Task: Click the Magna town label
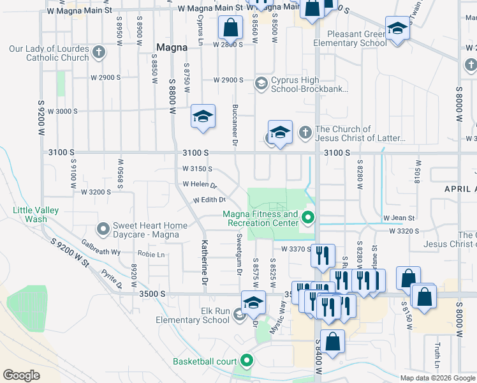(x=171, y=47)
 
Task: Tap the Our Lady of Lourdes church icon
(x=98, y=52)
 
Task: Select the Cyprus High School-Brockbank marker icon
(x=261, y=83)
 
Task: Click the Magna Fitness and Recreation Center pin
(x=309, y=218)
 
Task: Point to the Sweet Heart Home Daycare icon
(x=103, y=228)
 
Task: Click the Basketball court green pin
(x=246, y=361)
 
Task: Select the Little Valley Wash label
(x=36, y=214)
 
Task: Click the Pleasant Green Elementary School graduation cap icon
(x=397, y=29)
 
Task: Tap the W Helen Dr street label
(x=200, y=186)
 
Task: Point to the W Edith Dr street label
(x=210, y=200)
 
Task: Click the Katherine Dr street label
(x=205, y=262)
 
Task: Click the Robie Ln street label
(x=151, y=254)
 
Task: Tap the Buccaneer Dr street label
(x=235, y=125)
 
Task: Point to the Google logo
(x=22, y=375)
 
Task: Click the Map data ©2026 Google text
(x=437, y=378)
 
